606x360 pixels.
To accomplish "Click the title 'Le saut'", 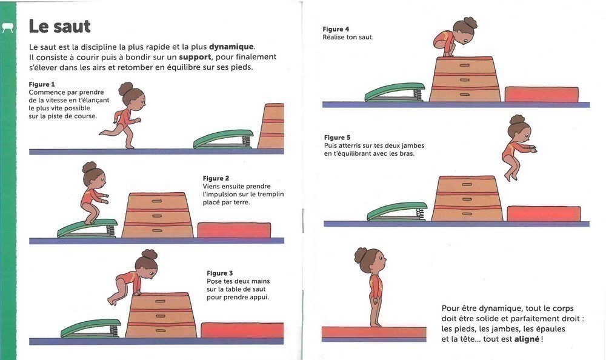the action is pyautogui.click(x=59, y=26).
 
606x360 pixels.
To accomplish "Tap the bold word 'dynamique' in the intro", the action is pyautogui.click(x=231, y=47).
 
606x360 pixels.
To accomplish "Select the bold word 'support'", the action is pyautogui.click(x=195, y=57).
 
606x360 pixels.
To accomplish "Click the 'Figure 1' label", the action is pyautogui.click(x=42, y=84).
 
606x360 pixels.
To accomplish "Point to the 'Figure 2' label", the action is pyautogui.click(x=216, y=178).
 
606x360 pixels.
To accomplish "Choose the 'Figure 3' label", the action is pyautogui.click(x=219, y=273).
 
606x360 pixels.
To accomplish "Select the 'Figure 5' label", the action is pyautogui.click(x=337, y=138).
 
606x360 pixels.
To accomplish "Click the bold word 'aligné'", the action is pyautogui.click(x=527, y=339).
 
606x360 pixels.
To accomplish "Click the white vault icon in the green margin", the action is pyautogui.click(x=8, y=28).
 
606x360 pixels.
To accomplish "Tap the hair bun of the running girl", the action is pyautogui.click(x=125, y=88).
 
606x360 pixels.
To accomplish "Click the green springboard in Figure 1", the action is pyautogui.click(x=224, y=139).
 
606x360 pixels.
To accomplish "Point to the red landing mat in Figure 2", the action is pyautogui.click(x=234, y=230).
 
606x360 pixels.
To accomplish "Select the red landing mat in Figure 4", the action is pyautogui.click(x=541, y=95).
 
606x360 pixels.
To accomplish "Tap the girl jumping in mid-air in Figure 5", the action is pyautogui.click(x=519, y=148).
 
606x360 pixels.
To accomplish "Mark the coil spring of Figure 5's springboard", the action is pyautogui.click(x=421, y=214).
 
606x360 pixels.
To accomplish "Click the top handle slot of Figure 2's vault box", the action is pyautogui.click(x=157, y=201).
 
